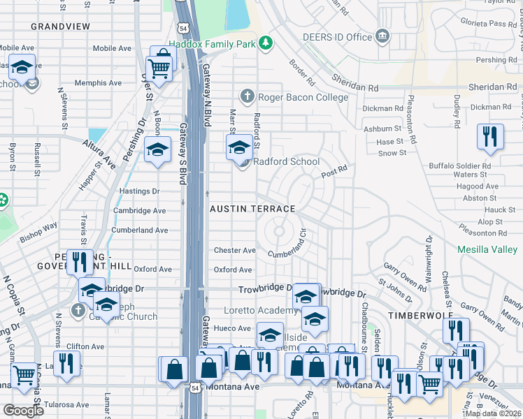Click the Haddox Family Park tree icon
(265, 44)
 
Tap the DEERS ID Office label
(337, 36)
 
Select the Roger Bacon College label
(303, 97)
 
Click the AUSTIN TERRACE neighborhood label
(253, 209)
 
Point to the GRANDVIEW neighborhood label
(61, 26)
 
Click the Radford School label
(286, 161)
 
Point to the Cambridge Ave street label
(140, 210)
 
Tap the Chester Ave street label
(235, 250)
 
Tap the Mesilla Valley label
(487, 249)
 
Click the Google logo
(24, 410)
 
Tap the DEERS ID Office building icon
(382, 36)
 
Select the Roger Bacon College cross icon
(247, 96)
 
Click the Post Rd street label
(334, 171)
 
